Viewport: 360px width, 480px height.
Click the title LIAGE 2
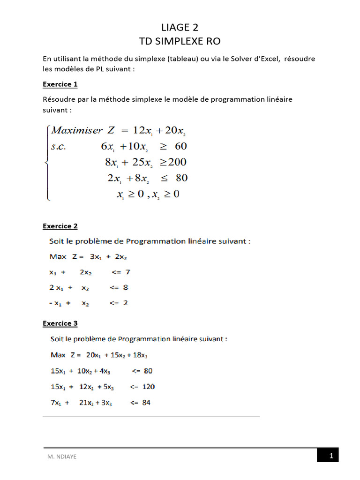point(180,28)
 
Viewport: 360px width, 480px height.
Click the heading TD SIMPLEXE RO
point(180,42)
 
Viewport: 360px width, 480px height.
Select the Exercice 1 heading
point(60,84)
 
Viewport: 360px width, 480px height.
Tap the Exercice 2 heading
point(60,226)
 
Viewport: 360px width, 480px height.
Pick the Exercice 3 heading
point(60,323)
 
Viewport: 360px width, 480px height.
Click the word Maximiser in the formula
point(77,130)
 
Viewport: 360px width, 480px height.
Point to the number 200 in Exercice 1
point(177,162)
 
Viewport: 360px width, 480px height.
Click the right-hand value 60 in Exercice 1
point(180,146)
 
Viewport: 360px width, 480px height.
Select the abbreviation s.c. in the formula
point(59,146)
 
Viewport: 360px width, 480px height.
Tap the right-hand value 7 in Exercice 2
point(127,272)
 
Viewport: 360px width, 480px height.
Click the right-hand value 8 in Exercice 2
point(126,287)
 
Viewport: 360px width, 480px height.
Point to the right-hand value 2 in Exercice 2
point(125,303)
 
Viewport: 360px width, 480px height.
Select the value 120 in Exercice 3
point(148,387)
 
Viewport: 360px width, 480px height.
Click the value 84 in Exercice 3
point(146,402)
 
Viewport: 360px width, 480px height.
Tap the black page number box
point(328,455)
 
